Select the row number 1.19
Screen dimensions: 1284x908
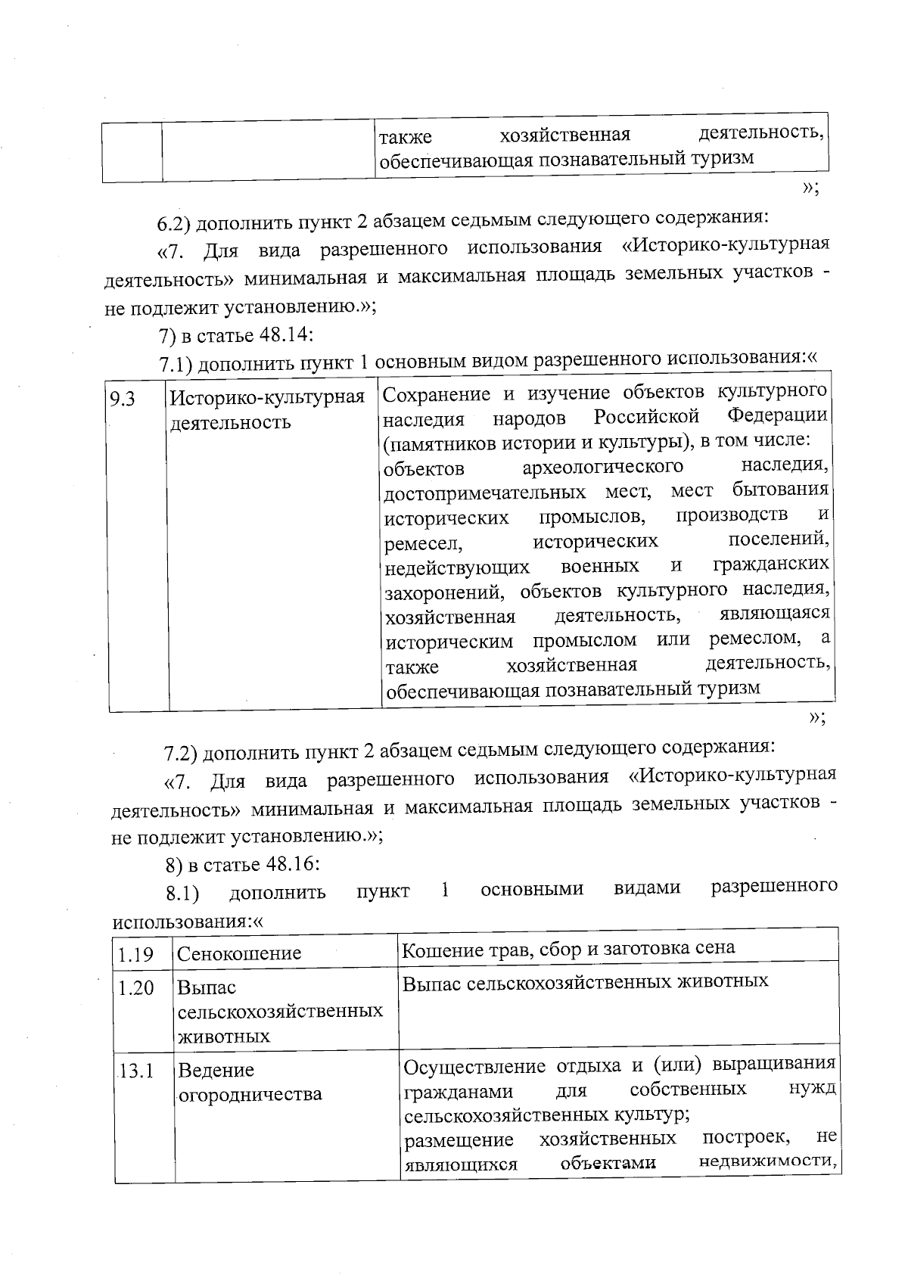(x=135, y=954)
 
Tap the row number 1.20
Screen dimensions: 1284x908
(x=135, y=988)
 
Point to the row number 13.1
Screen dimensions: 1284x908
(x=136, y=1071)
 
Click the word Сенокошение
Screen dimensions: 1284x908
(x=239, y=953)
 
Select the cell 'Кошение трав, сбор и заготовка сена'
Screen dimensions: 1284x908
(x=568, y=948)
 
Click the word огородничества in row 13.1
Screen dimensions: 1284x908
(x=250, y=1094)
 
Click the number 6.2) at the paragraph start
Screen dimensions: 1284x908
(x=176, y=223)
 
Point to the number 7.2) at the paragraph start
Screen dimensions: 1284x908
(x=182, y=753)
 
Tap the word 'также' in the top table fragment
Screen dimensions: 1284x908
(x=406, y=137)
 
